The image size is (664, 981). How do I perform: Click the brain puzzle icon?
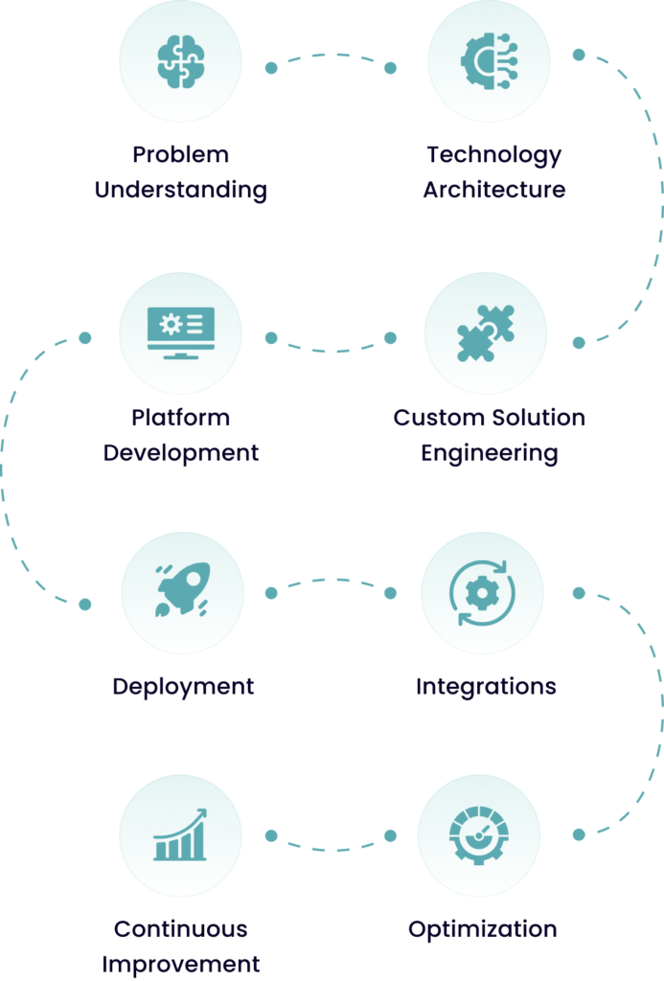pyautogui.click(x=180, y=61)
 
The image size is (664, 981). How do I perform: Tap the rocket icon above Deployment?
pyautogui.click(x=182, y=589)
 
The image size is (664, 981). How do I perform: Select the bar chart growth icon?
pyautogui.click(x=180, y=835)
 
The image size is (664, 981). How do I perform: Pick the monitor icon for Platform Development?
pyautogui.click(x=180, y=331)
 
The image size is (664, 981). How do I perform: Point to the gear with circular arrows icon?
pyautogui.click(x=482, y=593)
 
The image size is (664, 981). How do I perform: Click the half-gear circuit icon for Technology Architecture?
pyautogui.click(x=489, y=61)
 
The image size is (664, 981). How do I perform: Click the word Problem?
pyautogui.click(x=180, y=154)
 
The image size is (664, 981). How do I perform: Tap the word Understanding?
pyautogui.click(x=180, y=189)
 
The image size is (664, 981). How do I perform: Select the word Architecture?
pyautogui.click(x=493, y=189)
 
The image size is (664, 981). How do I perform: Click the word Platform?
pyautogui.click(x=180, y=418)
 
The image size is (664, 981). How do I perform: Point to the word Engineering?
pyautogui.click(x=489, y=452)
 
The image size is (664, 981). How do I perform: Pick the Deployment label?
pyautogui.click(x=182, y=686)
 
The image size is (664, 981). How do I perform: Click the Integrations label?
pyautogui.click(x=486, y=686)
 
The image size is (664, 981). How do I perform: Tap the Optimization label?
pyautogui.click(x=482, y=929)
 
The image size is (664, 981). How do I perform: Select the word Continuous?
pyautogui.click(x=180, y=929)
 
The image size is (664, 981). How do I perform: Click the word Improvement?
pyautogui.click(x=180, y=963)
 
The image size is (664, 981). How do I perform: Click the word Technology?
pyautogui.click(x=493, y=154)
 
